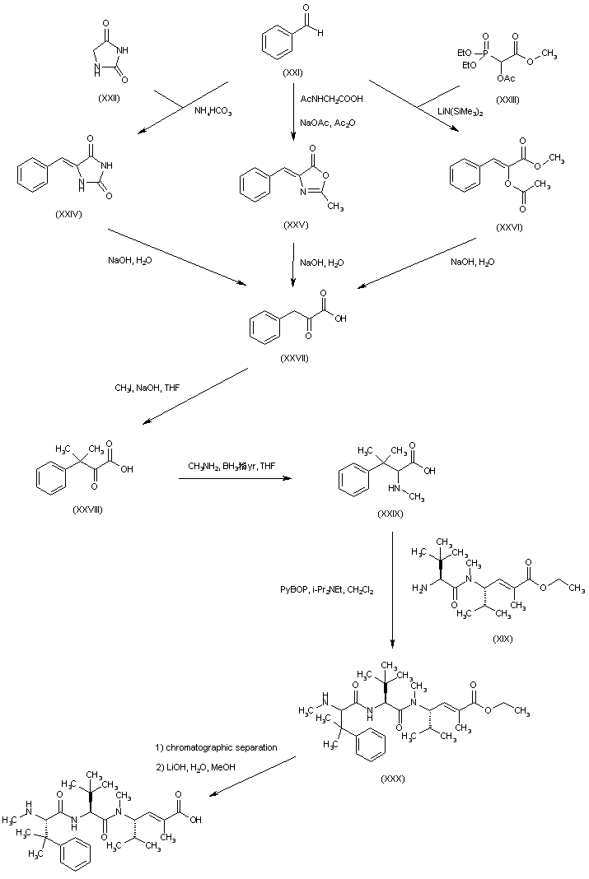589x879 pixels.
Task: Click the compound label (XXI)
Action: pyautogui.click(x=292, y=74)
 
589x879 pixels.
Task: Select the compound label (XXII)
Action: pyautogui.click(x=110, y=98)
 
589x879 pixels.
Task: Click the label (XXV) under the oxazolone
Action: pyautogui.click(x=293, y=226)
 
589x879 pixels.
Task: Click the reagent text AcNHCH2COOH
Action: pyautogui.click(x=332, y=98)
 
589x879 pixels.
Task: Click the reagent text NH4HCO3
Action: pyautogui.click(x=213, y=111)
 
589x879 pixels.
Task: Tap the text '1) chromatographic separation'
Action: pyautogui.click(x=216, y=747)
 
